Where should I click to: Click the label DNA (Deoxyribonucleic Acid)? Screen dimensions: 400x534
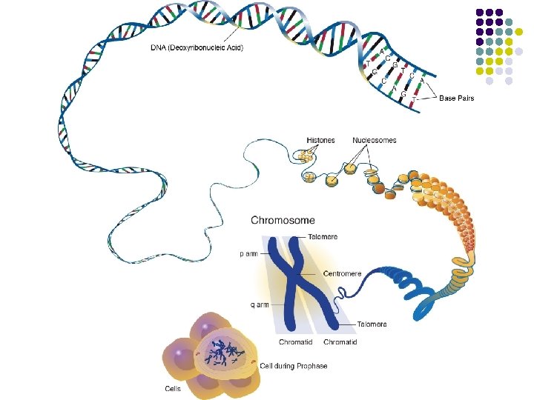click(x=197, y=49)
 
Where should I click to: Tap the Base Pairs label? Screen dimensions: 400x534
click(x=456, y=98)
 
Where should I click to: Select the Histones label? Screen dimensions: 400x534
click(x=320, y=140)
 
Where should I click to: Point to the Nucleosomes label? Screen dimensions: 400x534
click(x=374, y=140)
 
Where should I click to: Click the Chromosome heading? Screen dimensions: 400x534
click(x=283, y=220)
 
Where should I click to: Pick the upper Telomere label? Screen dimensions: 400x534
click(x=323, y=237)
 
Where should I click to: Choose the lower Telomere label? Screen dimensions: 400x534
click(x=371, y=324)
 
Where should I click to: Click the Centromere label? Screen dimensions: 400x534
click(x=342, y=274)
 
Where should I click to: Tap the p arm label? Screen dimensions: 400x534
click(x=248, y=253)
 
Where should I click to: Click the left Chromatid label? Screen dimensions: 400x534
click(x=294, y=342)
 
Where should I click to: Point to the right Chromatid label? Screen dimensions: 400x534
click(x=340, y=342)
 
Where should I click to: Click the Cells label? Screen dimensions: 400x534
click(x=172, y=387)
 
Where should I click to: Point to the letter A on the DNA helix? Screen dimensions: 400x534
click(x=382, y=52)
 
